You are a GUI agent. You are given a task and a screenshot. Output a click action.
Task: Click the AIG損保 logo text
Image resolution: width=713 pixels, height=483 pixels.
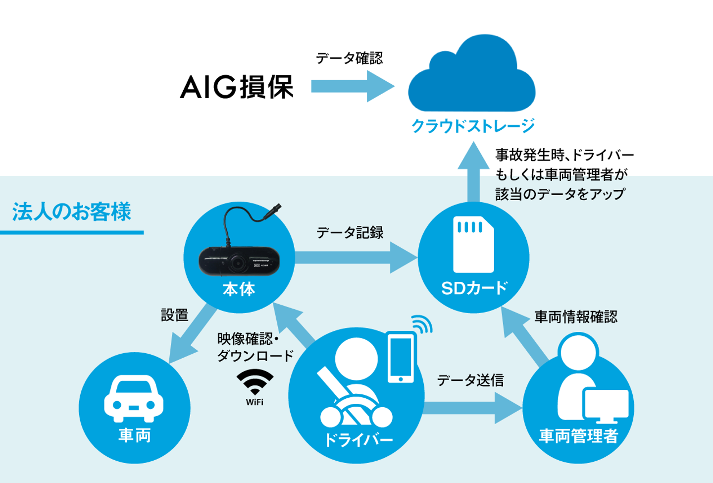[237, 87]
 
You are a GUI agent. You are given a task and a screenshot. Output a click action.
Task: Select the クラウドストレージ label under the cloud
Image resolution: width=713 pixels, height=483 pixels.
[473, 126]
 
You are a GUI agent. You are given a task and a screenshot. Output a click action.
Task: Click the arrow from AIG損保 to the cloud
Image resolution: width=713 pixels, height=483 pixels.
[352, 87]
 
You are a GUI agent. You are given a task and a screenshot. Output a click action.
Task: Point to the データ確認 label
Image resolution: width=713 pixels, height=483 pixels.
[350, 58]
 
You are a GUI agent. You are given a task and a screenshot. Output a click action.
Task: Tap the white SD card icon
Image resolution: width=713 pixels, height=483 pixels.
[473, 245]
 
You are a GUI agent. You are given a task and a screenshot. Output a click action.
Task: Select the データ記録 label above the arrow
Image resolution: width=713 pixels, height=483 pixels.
[350, 232]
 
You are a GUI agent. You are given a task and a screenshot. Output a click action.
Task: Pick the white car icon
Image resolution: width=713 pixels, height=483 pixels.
[134, 398]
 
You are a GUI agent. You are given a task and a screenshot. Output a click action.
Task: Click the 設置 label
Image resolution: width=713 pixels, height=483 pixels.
[175, 315]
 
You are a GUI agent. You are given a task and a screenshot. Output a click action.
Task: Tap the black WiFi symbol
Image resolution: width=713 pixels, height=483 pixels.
[255, 380]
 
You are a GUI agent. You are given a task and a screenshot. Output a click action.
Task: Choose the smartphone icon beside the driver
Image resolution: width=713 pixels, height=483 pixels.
[401, 357]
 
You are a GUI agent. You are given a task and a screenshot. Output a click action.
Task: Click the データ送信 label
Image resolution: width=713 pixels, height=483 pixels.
[470, 380]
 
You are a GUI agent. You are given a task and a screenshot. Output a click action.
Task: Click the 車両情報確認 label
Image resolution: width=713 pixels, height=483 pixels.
[576, 317]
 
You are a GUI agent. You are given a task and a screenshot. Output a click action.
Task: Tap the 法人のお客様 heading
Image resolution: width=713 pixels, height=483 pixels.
[72, 212]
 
